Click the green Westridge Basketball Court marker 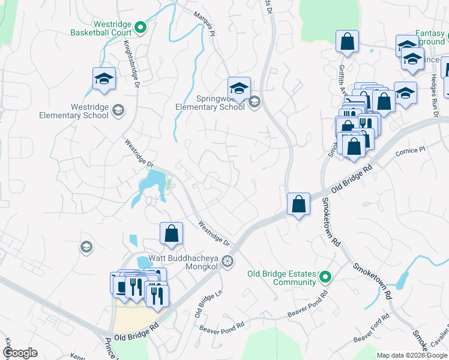pos(140,26)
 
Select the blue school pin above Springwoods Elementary pos(239,88)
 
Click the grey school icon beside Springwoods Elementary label pos(255,102)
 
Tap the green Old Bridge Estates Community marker pos(325,277)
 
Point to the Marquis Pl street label pos(204,23)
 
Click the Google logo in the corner pos(19,353)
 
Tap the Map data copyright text pos(411,355)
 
